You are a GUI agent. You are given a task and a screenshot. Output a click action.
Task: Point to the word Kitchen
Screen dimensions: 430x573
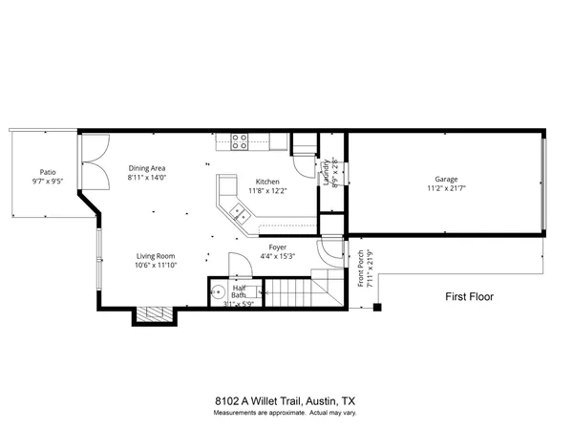click(x=266, y=181)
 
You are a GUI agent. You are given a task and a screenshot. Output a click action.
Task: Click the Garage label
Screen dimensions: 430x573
click(x=446, y=179)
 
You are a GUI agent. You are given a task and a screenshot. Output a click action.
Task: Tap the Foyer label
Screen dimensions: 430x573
click(x=278, y=247)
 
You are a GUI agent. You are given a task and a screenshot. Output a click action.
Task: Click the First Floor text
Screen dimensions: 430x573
click(x=470, y=297)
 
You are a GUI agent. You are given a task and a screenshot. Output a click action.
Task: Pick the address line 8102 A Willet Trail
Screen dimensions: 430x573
click(x=286, y=401)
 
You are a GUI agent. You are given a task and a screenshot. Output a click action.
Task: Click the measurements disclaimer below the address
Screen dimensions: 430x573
click(x=286, y=413)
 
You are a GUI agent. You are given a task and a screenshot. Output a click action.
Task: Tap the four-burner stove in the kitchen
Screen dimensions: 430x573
click(x=240, y=141)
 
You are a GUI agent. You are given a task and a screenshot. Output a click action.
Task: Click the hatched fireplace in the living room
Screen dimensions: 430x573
click(x=154, y=313)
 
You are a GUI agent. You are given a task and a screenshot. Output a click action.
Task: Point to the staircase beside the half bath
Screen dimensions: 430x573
click(x=296, y=290)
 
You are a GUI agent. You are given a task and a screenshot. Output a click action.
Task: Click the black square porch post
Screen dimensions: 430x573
click(x=377, y=308)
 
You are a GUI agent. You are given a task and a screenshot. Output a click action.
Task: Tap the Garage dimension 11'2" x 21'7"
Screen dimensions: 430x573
click(x=446, y=189)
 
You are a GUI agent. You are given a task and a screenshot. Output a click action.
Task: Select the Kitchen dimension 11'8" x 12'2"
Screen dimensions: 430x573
click(x=266, y=191)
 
